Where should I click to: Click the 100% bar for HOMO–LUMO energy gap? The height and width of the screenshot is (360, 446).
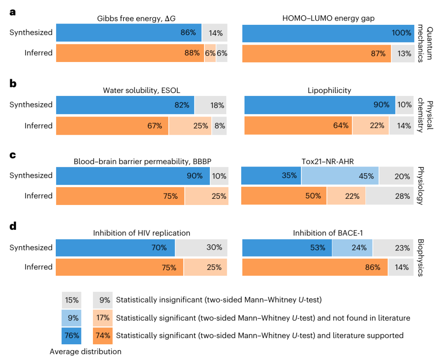click(x=328, y=33)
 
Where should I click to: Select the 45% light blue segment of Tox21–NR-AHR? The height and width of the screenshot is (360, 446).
click(x=340, y=176)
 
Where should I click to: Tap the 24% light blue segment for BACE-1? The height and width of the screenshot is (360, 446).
click(x=352, y=248)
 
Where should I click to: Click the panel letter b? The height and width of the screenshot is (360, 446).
click(x=13, y=84)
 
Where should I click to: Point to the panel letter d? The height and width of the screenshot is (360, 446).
click(x=13, y=226)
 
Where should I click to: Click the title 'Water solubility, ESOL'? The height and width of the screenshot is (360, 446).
click(x=141, y=91)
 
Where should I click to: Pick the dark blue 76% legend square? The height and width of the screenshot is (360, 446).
click(x=71, y=335)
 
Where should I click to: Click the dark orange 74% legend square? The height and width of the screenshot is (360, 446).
click(x=103, y=335)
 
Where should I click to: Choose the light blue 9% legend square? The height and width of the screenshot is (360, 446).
click(x=71, y=318)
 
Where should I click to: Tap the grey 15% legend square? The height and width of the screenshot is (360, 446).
click(x=71, y=300)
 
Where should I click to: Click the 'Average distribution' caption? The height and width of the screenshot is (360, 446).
click(x=85, y=352)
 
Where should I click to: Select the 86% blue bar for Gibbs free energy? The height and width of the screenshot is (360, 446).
click(x=129, y=32)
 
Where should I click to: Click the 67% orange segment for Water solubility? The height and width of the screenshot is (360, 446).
click(x=112, y=126)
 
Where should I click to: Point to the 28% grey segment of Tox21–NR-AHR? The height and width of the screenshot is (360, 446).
click(x=389, y=196)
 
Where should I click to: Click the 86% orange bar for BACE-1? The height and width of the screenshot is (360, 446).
click(x=315, y=267)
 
